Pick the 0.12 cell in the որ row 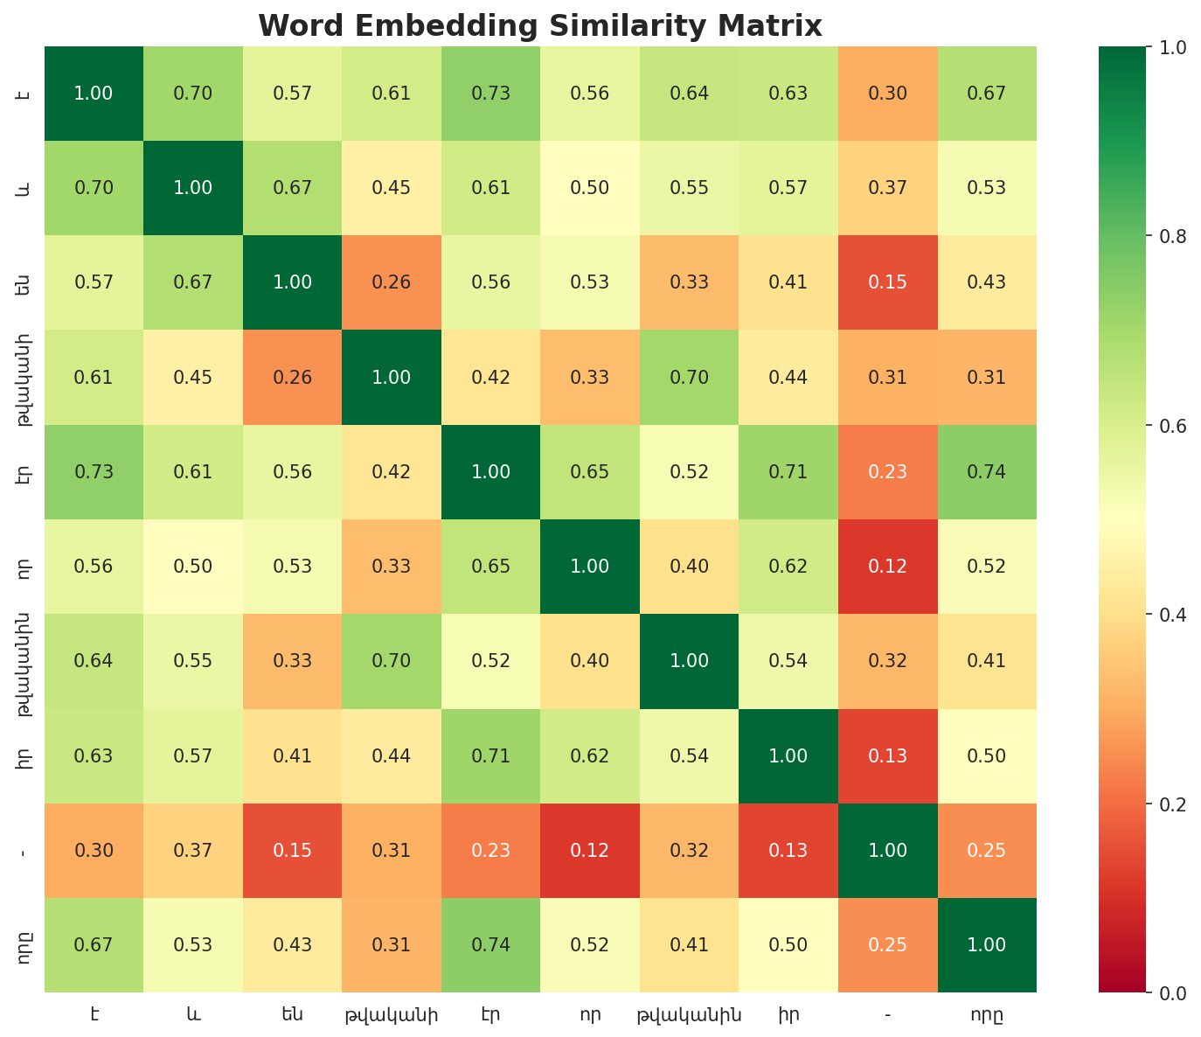[888, 567]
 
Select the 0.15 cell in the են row [888, 282]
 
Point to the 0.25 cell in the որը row [888, 944]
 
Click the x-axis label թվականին [690, 1015]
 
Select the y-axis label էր [25, 472]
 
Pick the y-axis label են [25, 282]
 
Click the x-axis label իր [788, 1015]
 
